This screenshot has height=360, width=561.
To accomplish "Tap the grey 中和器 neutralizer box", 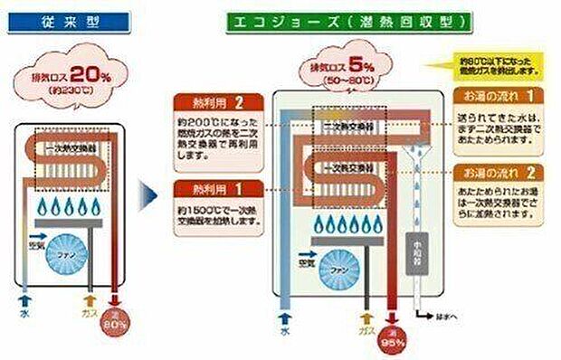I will [419, 259].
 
